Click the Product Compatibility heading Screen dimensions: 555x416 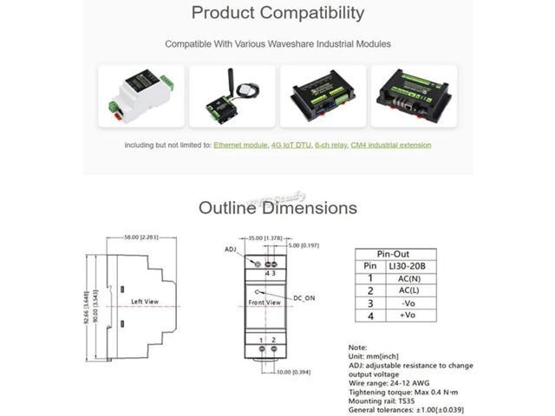click(x=277, y=13)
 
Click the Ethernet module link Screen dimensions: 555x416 click(x=240, y=145)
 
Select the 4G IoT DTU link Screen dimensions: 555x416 click(x=291, y=145)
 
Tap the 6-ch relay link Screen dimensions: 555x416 click(x=330, y=145)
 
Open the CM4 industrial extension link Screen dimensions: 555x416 click(x=390, y=145)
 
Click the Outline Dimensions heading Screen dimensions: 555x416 click(x=277, y=208)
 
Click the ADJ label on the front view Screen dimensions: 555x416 click(x=231, y=249)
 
